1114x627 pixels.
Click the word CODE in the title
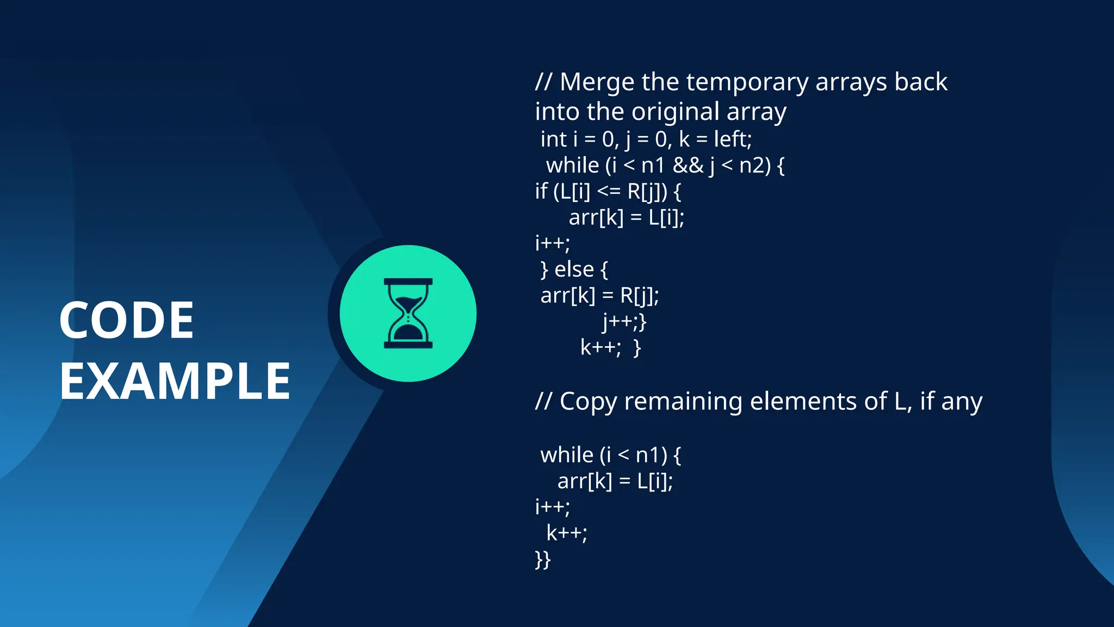pos(126,320)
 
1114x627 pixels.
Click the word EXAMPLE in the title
pos(175,381)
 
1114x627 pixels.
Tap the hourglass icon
pos(408,313)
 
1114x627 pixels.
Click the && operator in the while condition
pos(688,165)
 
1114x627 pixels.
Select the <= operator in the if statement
pos(609,192)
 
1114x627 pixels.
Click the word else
pos(573,269)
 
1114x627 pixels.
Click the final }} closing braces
pos(543,560)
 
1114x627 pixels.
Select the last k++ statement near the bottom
pos(566,533)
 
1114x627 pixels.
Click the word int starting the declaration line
pos(554,139)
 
